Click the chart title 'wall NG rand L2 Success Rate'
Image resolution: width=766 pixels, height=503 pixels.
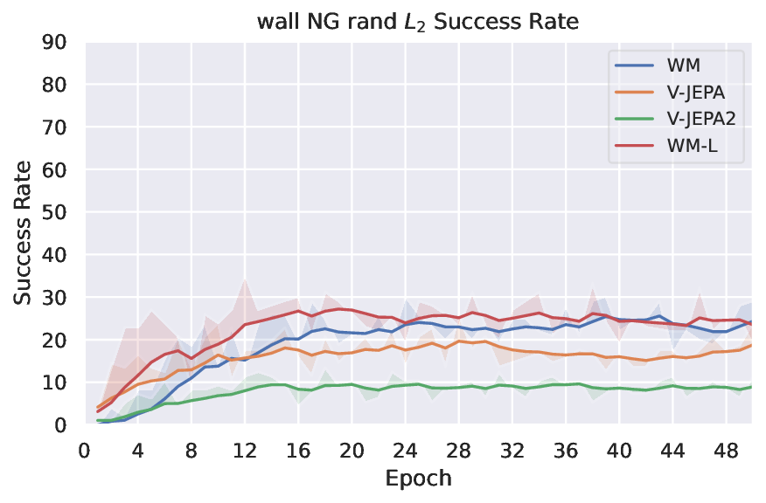418,22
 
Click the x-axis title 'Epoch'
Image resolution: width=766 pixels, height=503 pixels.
418,479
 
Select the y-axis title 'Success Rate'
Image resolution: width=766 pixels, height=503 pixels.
24,233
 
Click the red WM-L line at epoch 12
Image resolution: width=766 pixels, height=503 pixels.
245,325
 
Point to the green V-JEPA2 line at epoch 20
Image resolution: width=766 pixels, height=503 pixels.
352,384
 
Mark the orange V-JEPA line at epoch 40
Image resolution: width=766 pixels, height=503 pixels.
618,356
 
